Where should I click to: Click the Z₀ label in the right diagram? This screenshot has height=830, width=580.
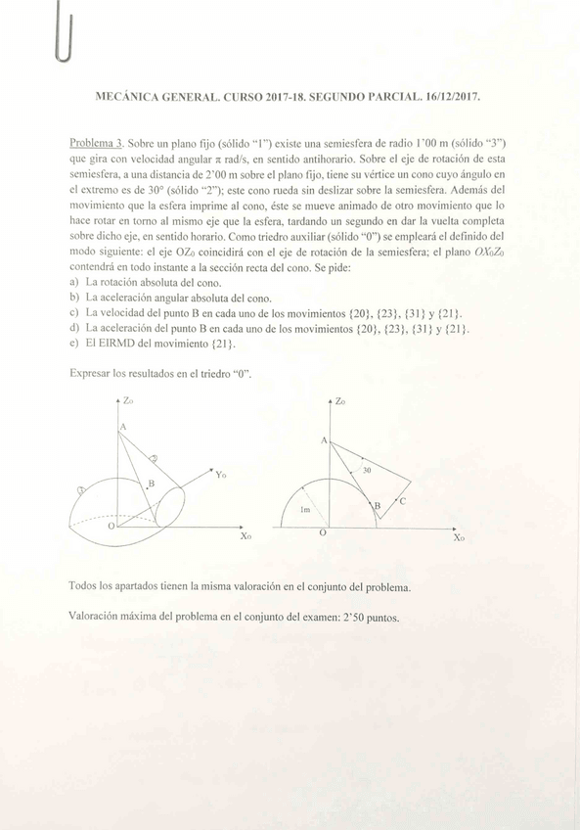(339, 401)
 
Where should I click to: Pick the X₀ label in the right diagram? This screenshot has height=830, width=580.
(458, 537)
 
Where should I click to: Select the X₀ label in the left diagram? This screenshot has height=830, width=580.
(245, 536)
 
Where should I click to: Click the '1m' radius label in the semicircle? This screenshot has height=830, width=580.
(305, 511)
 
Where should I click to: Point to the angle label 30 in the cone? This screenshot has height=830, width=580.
(367, 471)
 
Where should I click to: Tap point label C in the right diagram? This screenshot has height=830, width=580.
(402, 500)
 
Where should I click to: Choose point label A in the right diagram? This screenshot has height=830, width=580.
(324, 441)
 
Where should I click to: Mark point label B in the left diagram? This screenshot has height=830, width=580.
(151, 484)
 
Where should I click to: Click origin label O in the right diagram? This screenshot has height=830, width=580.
(323, 533)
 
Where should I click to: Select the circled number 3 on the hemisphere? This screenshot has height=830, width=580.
(82, 488)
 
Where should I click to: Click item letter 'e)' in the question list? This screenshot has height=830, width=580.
(74, 344)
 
